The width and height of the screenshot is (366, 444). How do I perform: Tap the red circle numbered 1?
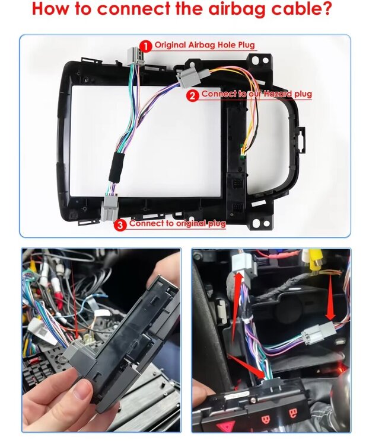146,46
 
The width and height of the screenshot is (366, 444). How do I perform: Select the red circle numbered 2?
193,96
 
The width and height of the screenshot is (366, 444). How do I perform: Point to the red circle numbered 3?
120,225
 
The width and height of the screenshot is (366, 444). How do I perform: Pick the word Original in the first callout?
170,45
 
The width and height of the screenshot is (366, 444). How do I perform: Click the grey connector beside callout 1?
136,57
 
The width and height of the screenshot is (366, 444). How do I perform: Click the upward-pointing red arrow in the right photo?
236,307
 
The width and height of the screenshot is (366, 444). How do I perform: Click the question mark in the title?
326,8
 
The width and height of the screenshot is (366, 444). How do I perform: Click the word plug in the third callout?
217,224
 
